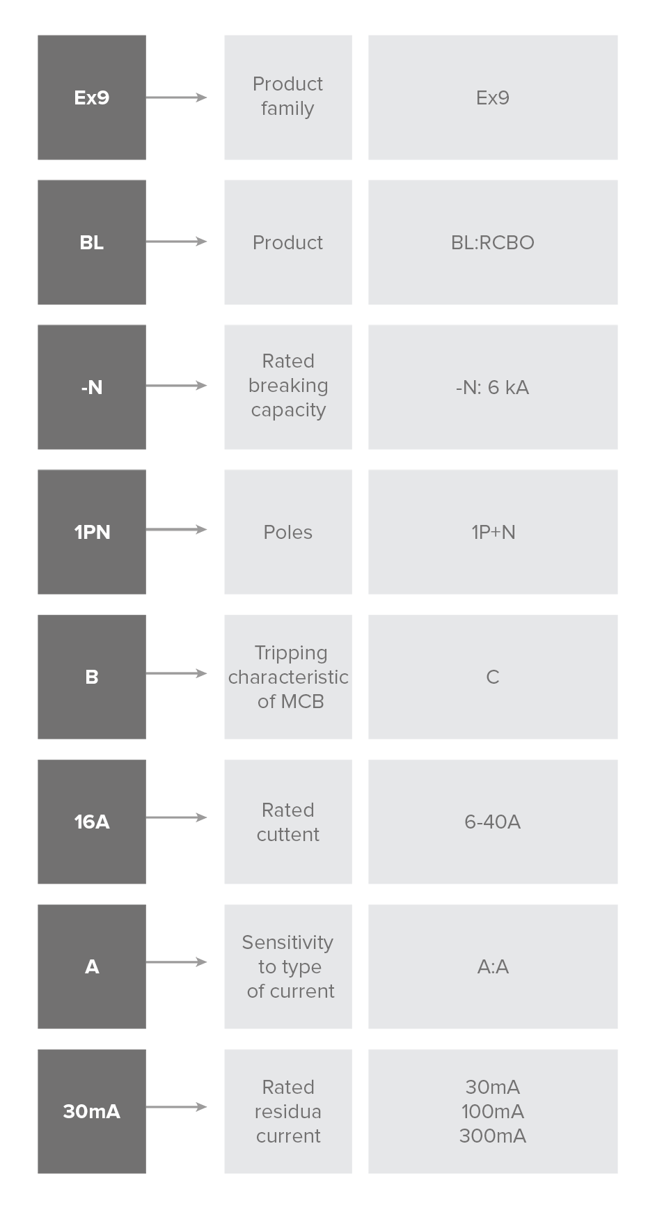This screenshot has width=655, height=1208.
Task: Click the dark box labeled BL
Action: click(92, 242)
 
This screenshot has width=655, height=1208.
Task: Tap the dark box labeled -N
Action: click(92, 387)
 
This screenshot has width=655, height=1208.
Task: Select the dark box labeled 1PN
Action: click(92, 532)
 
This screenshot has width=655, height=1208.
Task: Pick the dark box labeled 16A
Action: click(92, 822)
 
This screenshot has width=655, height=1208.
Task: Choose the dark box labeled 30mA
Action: click(92, 1111)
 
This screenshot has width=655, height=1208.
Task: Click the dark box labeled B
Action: click(92, 677)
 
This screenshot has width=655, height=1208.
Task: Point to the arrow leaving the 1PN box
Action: click(177, 530)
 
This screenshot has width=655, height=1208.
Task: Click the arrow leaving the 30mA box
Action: click(177, 1107)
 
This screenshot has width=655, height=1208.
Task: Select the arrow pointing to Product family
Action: click(177, 97)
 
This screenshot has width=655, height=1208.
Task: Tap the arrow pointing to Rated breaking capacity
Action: click(177, 386)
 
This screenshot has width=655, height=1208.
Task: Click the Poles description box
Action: click(288, 532)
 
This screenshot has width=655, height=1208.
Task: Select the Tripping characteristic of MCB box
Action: click(288, 677)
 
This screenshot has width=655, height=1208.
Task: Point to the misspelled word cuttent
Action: click(288, 834)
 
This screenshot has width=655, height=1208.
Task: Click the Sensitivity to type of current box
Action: click(288, 966)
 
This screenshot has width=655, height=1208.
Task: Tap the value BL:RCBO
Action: click(493, 242)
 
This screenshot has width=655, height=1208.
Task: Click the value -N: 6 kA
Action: click(493, 387)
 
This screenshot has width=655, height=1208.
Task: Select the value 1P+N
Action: click(494, 532)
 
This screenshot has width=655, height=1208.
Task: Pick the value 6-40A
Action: click(493, 822)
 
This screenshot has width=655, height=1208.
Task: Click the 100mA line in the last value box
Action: click(493, 1111)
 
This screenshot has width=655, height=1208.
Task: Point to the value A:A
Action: click(494, 966)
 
